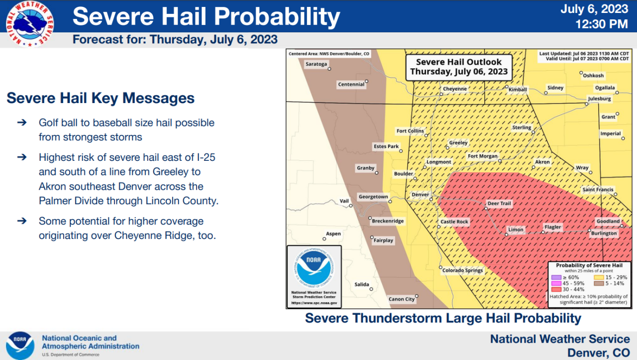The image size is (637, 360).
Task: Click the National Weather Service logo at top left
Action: pyautogui.click(x=29, y=23)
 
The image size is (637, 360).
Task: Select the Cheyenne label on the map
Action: pyautogui.click(x=455, y=89)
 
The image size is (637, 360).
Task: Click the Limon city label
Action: pyautogui.click(x=516, y=230)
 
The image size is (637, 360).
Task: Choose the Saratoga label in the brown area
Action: pyautogui.click(x=316, y=64)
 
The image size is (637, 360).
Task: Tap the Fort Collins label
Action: pyautogui.click(x=410, y=131)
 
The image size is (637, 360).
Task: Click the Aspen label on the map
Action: pyautogui.click(x=333, y=234)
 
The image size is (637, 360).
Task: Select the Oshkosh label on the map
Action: pyautogui.click(x=593, y=76)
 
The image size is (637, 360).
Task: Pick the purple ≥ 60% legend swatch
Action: pyautogui.click(x=556, y=277)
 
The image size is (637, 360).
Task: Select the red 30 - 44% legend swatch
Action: pyautogui.click(x=556, y=289)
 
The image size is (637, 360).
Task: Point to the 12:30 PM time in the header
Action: pyautogui.click(x=601, y=23)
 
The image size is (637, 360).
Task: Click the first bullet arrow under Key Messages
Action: pyautogui.click(x=22, y=122)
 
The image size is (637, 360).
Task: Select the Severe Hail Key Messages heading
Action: pyautogui.click(x=101, y=98)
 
